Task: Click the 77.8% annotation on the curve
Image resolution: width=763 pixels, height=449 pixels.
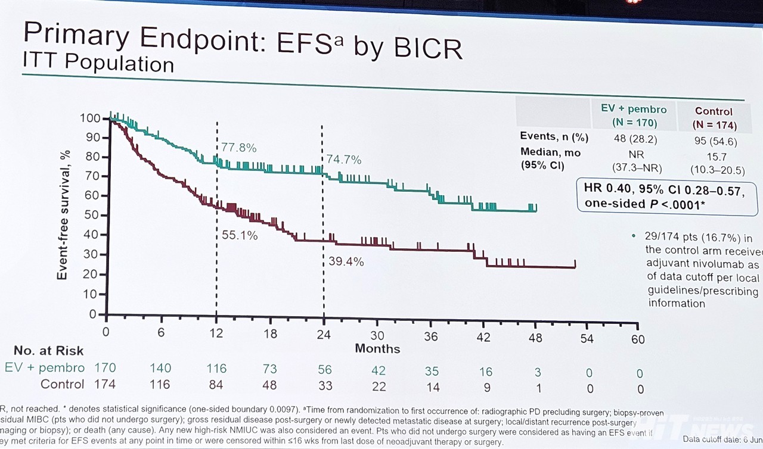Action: (x=238, y=148)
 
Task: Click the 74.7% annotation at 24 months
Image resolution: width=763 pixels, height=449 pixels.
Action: (x=345, y=160)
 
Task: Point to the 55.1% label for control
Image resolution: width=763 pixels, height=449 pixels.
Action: (x=240, y=236)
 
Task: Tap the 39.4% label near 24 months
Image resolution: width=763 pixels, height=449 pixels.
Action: (x=346, y=261)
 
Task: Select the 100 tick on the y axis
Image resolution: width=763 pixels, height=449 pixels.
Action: (x=91, y=119)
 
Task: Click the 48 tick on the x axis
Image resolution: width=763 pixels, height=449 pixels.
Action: (x=535, y=338)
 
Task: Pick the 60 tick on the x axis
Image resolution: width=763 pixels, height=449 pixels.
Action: (x=638, y=339)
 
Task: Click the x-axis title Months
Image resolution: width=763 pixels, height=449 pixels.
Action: (x=377, y=348)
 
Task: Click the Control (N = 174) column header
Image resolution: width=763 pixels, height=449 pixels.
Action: (x=714, y=118)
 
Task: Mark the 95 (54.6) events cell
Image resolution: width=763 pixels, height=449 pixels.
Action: (x=715, y=142)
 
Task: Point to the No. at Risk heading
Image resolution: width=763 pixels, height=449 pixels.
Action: (x=49, y=351)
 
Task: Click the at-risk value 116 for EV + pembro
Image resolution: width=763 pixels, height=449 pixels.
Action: (x=216, y=369)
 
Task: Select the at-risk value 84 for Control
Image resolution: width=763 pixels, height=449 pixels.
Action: (x=215, y=385)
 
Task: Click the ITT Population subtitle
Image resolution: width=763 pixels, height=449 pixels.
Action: (x=98, y=63)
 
